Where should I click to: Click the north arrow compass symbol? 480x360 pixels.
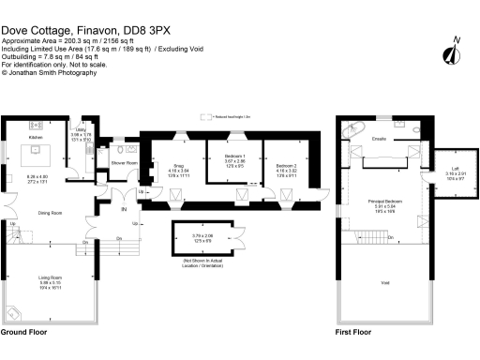coord(455,52)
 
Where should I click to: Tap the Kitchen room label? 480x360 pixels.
coord(36,137)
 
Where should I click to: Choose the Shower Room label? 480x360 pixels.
coord(125,162)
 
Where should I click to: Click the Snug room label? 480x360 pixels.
coord(177,166)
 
